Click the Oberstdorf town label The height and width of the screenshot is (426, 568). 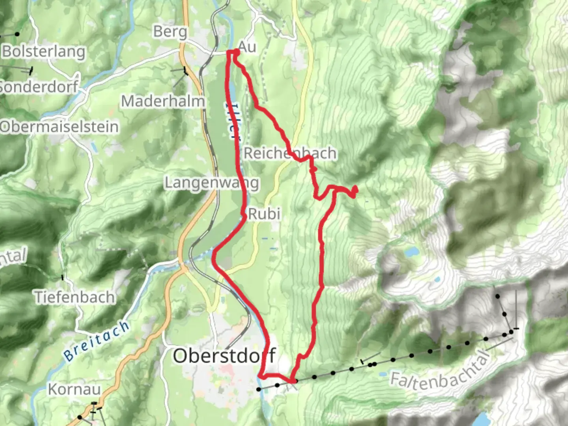[x=224, y=356]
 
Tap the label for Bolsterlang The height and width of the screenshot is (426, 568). [x=44, y=52]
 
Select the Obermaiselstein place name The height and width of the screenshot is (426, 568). [x=59, y=127]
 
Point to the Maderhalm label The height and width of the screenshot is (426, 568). [x=163, y=101]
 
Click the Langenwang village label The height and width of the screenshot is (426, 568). [x=211, y=183]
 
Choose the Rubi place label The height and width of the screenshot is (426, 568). [x=264, y=214]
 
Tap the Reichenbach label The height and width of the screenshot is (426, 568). [x=290, y=153]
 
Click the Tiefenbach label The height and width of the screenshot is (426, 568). [x=75, y=297]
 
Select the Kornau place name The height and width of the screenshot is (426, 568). [x=75, y=389]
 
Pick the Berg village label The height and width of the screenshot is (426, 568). [x=170, y=31]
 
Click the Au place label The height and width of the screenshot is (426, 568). [x=247, y=47]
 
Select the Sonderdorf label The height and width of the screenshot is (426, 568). [x=38, y=86]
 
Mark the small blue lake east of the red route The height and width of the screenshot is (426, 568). [x=413, y=251]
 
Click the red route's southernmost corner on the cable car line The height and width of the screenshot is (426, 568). [x=292, y=381]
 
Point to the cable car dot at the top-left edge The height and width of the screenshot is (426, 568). [x=17, y=34]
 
